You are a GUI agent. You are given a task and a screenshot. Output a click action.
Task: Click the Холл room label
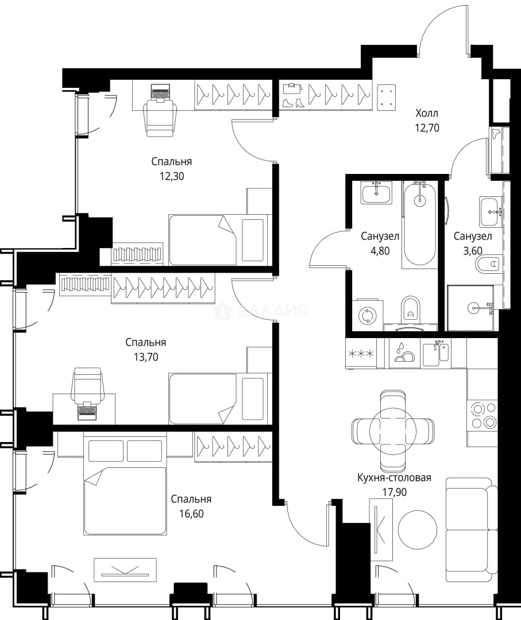427,113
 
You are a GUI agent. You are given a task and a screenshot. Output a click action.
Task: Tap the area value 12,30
172,176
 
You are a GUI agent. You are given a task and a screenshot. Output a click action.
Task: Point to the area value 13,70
146,357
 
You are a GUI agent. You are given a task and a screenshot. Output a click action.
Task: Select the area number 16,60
191,514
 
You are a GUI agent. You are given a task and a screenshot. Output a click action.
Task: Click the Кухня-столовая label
394,478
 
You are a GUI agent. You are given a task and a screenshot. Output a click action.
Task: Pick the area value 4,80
380,251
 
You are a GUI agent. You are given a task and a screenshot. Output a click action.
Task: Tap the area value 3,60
473,251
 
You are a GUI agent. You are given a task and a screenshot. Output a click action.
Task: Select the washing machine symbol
366,315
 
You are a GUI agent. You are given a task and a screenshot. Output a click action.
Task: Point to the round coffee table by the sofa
418,530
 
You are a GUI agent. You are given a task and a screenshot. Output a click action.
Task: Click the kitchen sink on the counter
436,354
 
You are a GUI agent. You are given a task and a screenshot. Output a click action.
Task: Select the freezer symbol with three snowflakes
360,353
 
